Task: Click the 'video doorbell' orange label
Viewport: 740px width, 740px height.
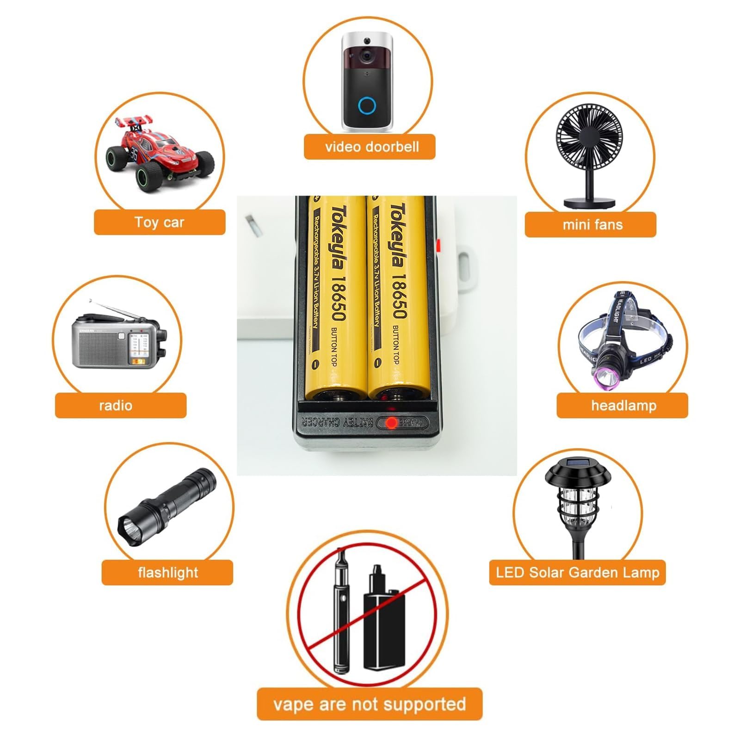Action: coord(370,147)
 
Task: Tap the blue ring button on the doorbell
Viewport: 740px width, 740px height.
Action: coord(368,106)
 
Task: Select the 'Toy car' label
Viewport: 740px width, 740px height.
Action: coord(160,222)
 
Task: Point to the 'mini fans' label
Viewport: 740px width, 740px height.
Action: coord(592,225)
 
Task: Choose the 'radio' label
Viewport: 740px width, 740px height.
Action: coord(116,406)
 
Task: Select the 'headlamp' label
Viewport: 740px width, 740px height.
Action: coord(623,406)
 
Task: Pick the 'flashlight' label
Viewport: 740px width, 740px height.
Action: coord(168,573)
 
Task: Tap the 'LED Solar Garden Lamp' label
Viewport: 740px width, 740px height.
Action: coord(577,573)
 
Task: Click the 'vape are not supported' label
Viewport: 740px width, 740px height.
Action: coord(370,704)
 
